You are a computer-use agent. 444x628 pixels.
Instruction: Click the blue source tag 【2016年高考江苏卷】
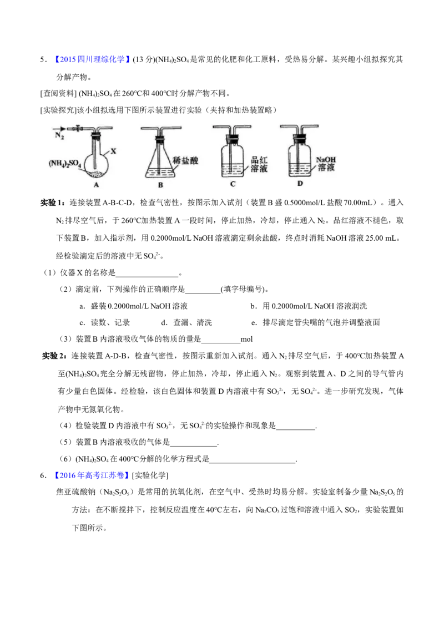coord(91,475)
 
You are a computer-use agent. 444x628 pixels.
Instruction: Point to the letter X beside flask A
coord(113,151)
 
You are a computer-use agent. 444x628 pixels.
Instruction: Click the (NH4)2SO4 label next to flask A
coord(65,164)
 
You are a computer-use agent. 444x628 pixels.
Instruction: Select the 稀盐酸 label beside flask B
coord(185,160)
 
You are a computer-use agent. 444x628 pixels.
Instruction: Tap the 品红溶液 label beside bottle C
coord(259,164)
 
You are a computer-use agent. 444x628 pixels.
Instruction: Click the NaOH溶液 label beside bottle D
coord(326,164)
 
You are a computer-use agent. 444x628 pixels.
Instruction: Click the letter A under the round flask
coord(96,185)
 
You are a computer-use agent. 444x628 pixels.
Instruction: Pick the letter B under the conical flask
coord(161,185)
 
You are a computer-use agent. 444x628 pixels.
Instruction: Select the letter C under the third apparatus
coord(233,184)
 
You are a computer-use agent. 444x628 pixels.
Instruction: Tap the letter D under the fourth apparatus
coord(300,183)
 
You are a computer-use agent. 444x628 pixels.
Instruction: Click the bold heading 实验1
coord(53,202)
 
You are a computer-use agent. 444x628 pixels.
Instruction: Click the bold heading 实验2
coord(54,356)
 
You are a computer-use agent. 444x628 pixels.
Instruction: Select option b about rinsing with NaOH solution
coord(309,306)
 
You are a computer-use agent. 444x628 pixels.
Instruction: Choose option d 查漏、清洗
coord(186,322)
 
